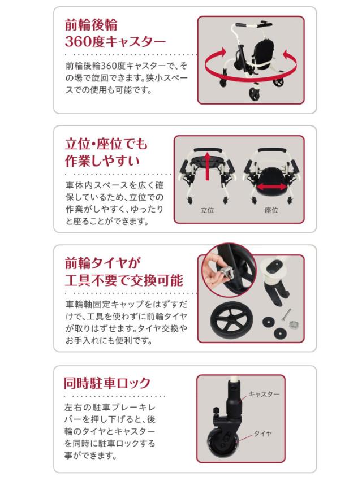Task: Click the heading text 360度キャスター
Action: pyautogui.click(x=115, y=41)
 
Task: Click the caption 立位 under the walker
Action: pyautogui.click(x=207, y=210)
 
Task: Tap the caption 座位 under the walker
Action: pyautogui.click(x=271, y=210)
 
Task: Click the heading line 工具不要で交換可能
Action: pyautogui.click(x=124, y=280)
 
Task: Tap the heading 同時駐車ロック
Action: pyautogui.click(x=107, y=383)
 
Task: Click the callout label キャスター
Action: pyautogui.click(x=264, y=394)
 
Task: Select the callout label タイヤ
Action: pyautogui.click(x=262, y=433)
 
